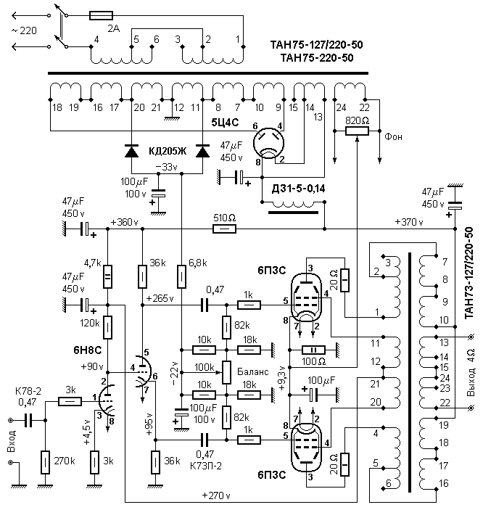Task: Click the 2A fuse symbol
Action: coord(101,16)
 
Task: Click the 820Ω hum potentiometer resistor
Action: coord(357,131)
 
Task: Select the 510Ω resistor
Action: coord(224,229)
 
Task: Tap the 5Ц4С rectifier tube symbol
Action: coord(268,143)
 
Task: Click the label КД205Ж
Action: coord(168,151)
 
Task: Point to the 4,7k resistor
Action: coord(107,276)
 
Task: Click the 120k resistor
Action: coord(107,327)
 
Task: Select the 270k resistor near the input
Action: coord(45,462)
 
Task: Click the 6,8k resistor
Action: coord(182,276)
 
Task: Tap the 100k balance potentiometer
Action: coord(227,372)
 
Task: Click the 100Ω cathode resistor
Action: coord(313,350)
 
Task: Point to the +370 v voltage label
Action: coord(409,222)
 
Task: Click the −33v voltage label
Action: coord(167,167)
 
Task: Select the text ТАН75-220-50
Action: coord(317,58)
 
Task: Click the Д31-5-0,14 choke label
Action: coord(298,189)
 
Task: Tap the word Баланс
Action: coord(252,371)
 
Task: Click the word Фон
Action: coord(393,136)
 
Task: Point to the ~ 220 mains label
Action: coord(24,31)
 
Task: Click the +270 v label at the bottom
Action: coord(216,495)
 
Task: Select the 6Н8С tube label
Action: coord(88,350)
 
